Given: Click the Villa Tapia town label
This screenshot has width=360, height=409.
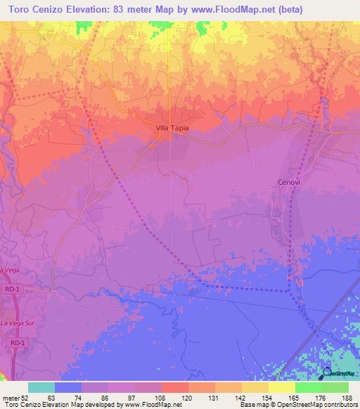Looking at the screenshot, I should [172, 128].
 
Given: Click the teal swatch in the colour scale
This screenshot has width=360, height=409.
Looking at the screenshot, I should [41, 387].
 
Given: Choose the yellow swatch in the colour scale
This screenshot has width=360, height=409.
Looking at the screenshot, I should [281, 387].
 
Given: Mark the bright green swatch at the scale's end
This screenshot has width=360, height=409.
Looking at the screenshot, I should [335, 387].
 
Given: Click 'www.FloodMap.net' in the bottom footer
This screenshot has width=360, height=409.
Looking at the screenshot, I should [150, 405].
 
